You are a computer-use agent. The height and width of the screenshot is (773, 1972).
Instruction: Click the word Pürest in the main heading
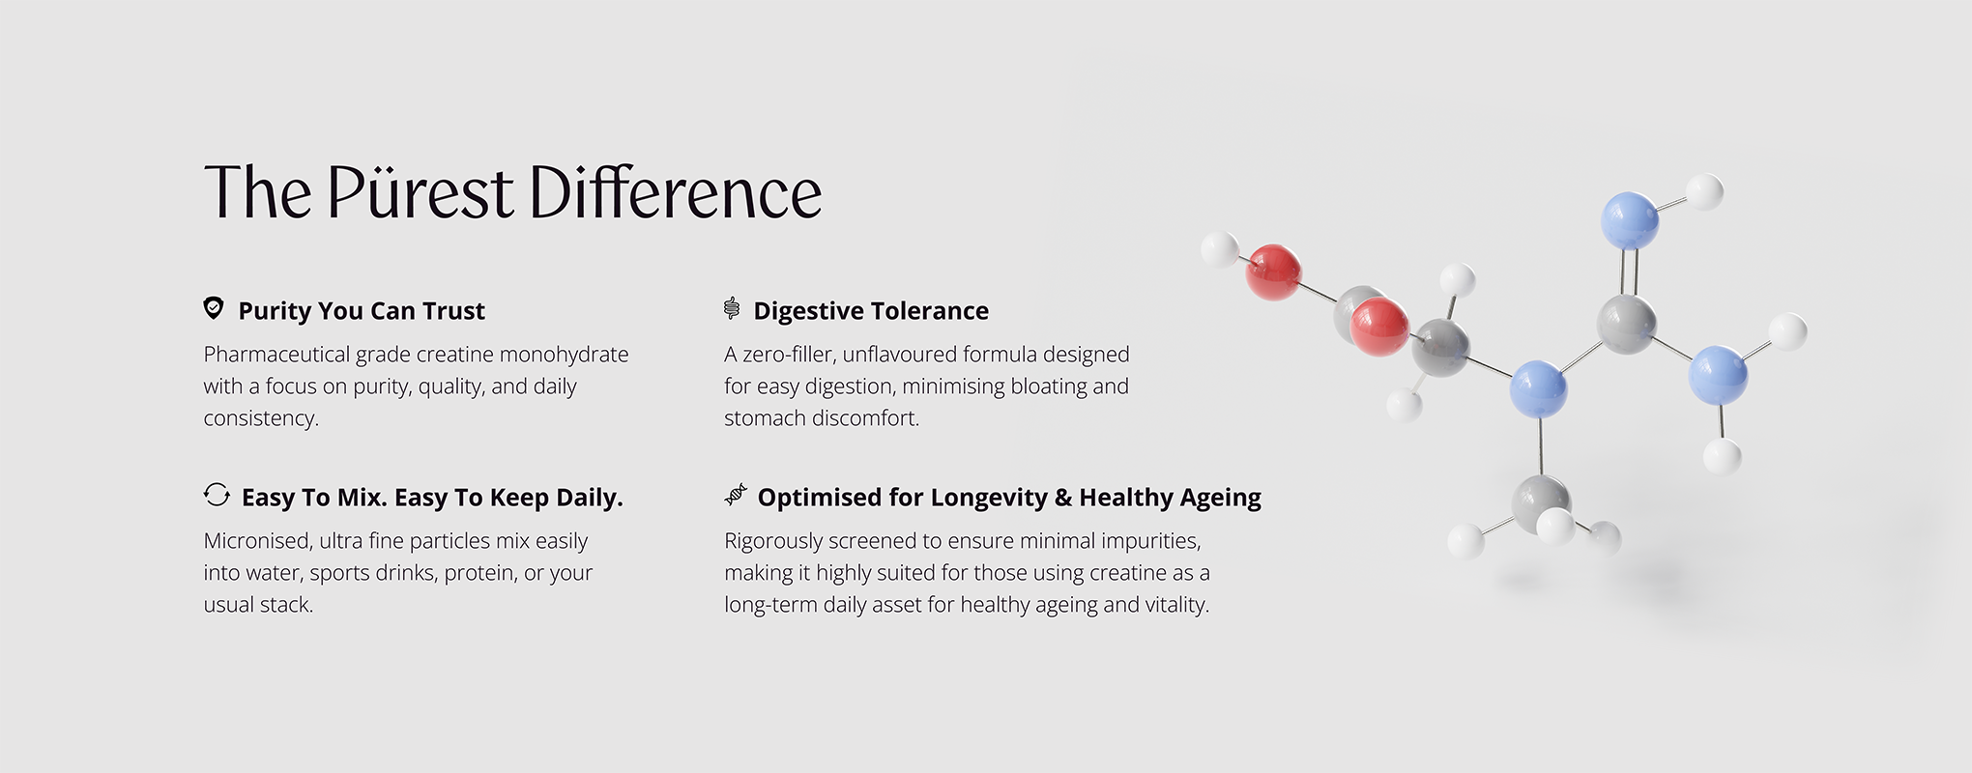point(420,191)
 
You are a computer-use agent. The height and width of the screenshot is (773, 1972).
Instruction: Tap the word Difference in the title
point(675,191)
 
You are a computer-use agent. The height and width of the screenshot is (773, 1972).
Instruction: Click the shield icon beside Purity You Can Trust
point(214,308)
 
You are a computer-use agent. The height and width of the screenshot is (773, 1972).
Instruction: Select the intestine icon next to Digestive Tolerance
point(732,308)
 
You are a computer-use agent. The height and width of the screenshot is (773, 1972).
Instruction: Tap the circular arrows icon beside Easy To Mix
point(217,495)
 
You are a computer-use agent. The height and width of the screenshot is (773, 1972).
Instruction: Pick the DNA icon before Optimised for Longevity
point(736,495)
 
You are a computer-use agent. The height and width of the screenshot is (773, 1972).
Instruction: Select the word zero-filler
point(786,355)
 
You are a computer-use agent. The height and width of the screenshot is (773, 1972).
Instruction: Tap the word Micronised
point(256,541)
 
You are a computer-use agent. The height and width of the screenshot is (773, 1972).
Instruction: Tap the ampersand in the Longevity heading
point(1063,498)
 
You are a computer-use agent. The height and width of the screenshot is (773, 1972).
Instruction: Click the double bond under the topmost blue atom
point(1629,272)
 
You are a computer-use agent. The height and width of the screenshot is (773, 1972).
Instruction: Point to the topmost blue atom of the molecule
point(1630,220)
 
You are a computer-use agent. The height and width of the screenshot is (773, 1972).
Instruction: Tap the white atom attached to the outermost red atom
point(1220,249)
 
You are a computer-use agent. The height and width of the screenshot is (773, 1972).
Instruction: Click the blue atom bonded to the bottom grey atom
point(1538,388)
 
